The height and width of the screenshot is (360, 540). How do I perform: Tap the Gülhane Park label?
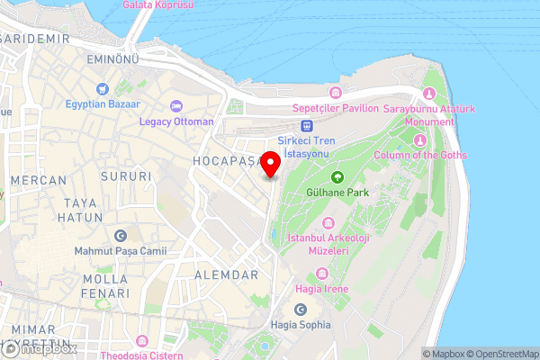pos(338,192)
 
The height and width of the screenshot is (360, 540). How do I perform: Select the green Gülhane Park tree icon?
pos(338,176)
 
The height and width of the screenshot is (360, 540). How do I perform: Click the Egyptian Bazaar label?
pos(103,103)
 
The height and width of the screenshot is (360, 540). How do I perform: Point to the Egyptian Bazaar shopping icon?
pos(103,88)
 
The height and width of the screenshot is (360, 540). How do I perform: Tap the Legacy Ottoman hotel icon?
pos(176,106)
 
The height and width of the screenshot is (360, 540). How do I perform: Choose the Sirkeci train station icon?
pos(306,126)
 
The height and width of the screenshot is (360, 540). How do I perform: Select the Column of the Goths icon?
pos(418,139)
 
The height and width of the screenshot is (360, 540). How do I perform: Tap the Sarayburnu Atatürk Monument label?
pos(429,115)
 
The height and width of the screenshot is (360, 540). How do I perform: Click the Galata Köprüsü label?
pos(157,5)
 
